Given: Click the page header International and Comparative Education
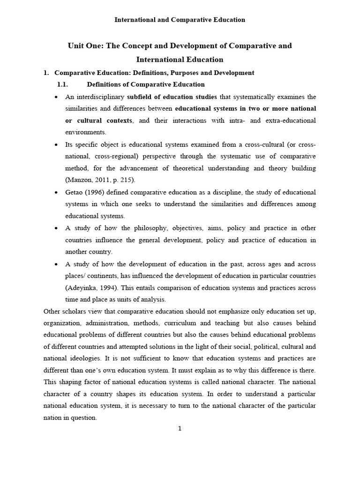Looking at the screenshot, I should tap(180, 20).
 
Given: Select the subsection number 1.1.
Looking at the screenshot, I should tap(62, 84).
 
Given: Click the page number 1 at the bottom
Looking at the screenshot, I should tap(180, 428).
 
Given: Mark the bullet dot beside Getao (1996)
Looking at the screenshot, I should tap(56, 192).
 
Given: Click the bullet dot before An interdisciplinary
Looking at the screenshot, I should tap(56, 97).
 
